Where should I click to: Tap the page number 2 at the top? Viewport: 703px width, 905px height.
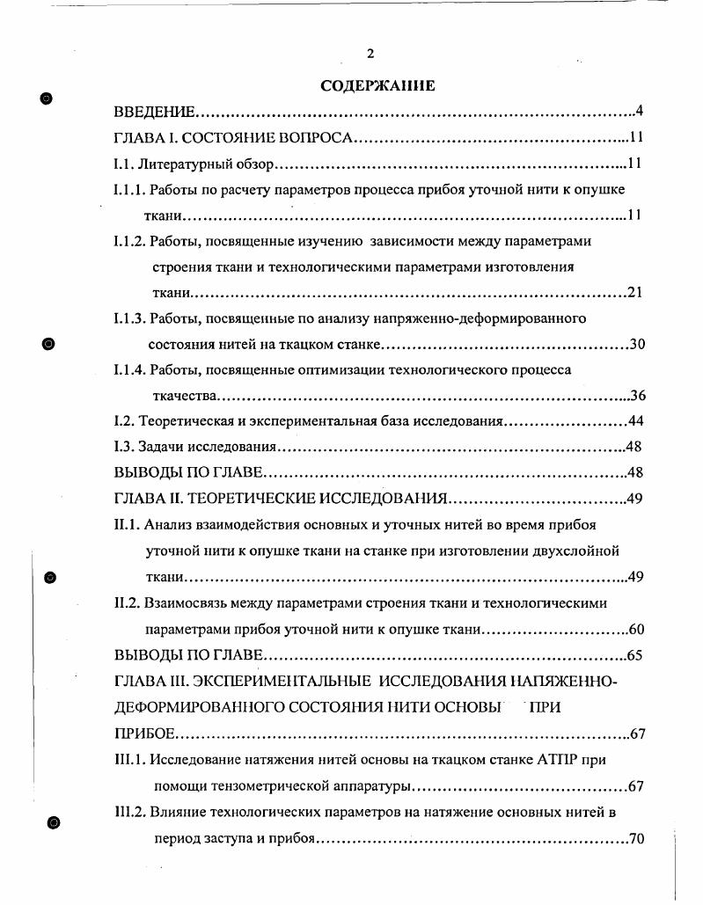(x=370, y=55)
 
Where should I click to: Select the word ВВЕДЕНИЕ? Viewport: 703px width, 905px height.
(x=155, y=113)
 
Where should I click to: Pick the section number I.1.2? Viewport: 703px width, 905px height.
(x=129, y=241)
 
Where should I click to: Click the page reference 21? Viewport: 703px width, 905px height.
(x=634, y=293)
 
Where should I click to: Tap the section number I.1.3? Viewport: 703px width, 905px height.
(x=129, y=318)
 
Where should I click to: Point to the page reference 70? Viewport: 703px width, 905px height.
(x=637, y=837)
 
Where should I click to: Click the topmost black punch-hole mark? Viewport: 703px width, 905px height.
(x=48, y=98)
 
